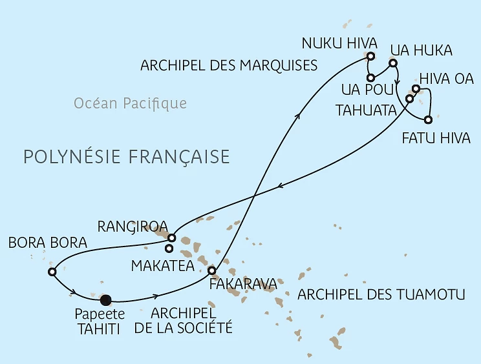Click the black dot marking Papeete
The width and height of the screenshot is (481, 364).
point(106,299)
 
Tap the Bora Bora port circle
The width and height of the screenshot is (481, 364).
point(52,272)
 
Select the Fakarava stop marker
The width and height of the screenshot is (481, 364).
point(211,270)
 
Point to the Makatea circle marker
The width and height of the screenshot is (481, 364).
point(169,248)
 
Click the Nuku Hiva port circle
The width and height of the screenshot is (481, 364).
point(370,64)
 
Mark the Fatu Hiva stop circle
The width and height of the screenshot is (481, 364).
point(428,119)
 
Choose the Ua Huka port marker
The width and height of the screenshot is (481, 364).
point(392,64)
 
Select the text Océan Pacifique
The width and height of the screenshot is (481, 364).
point(130,103)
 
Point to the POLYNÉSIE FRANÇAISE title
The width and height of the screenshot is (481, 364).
point(126,157)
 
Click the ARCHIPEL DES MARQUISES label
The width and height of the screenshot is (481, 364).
point(228,65)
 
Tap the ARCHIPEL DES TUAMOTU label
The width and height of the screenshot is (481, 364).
point(381,296)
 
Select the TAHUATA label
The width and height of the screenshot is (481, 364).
point(365,110)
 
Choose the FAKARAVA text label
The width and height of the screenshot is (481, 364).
point(243,283)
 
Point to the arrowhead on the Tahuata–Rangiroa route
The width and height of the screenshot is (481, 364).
point(279,187)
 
